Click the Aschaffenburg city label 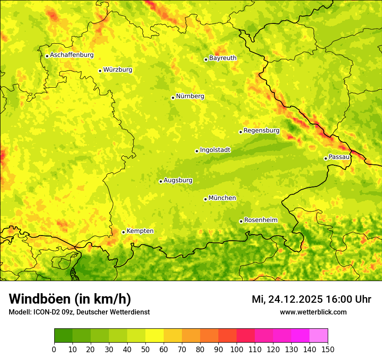(x=72, y=55)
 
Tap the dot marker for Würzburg (x=100, y=71)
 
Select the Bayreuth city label (x=223, y=58)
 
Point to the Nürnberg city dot (x=173, y=98)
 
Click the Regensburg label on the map (x=261, y=131)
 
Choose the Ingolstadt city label (x=215, y=150)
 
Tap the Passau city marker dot (x=326, y=158)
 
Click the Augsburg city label (x=178, y=180)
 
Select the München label (x=222, y=198)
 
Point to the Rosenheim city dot (x=241, y=221)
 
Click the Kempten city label (x=140, y=231)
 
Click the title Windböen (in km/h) (x=70, y=299)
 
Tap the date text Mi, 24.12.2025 (x=287, y=299)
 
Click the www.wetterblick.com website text (x=313, y=312)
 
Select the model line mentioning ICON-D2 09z (x=79, y=312)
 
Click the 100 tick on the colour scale (x=237, y=349)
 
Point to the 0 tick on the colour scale (x=54, y=349)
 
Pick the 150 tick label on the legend (x=328, y=349)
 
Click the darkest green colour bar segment (x=63, y=336)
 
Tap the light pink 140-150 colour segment (x=319, y=336)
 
